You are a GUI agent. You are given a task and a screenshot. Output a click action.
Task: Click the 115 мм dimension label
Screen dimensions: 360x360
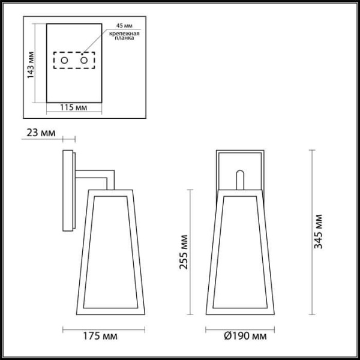click(x=74, y=107)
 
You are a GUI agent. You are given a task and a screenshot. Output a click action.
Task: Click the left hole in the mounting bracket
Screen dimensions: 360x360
click(x=67, y=61)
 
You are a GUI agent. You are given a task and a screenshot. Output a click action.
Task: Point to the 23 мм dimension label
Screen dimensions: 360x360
click(x=36, y=133)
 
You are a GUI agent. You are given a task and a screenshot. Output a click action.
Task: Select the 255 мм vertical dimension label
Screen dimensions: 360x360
click(x=182, y=252)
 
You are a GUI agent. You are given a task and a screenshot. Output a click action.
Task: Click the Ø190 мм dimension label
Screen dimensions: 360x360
click(x=235, y=337)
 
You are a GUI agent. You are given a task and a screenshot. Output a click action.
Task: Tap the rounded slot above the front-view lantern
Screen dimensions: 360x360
click(x=239, y=179)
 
